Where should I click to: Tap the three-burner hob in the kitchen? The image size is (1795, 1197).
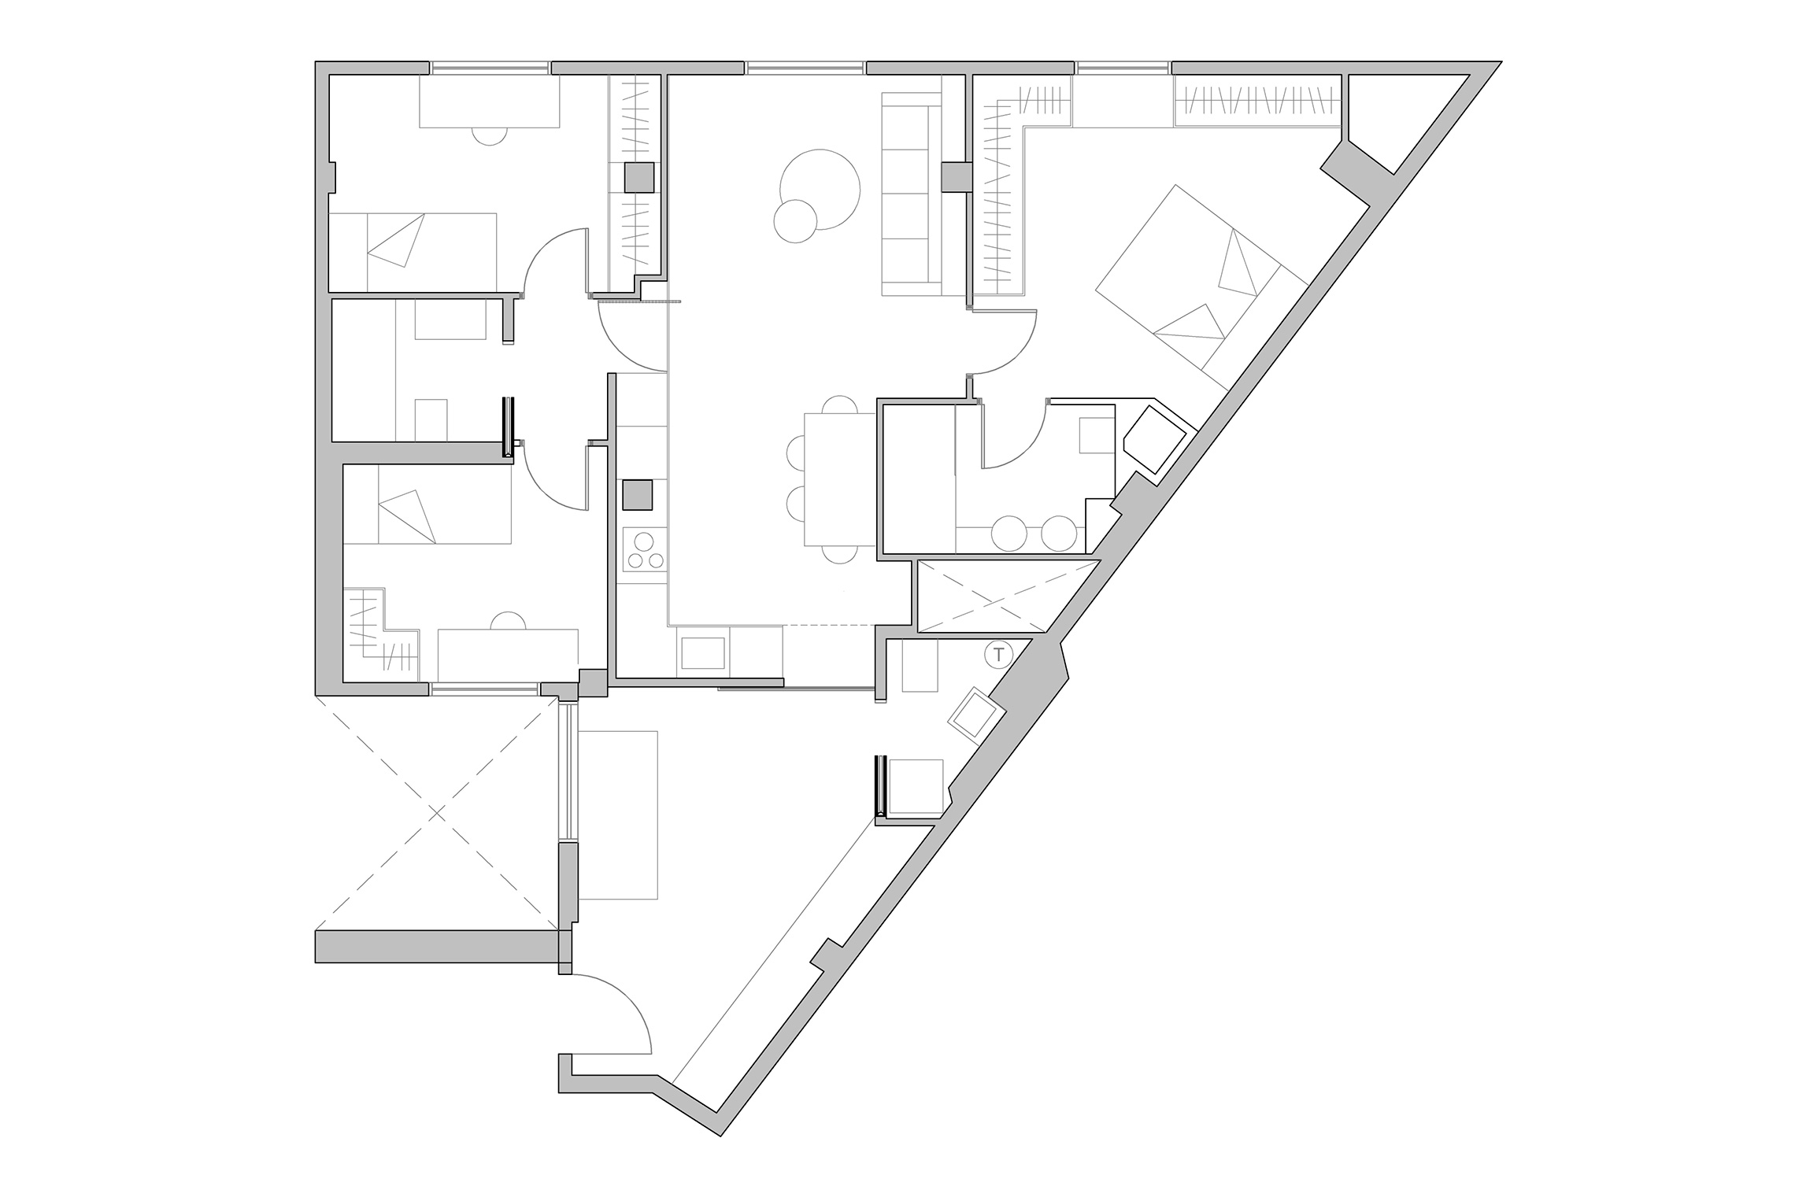click(645, 549)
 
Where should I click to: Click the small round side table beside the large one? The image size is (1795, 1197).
click(796, 221)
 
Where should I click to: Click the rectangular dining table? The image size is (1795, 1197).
click(840, 479)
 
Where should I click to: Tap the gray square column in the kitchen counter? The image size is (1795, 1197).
click(638, 495)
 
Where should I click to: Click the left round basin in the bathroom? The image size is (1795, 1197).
click(1009, 533)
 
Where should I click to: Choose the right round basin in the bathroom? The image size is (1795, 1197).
click(1058, 533)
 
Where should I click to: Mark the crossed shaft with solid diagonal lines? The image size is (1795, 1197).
click(1009, 597)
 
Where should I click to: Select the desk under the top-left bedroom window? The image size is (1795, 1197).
click(489, 102)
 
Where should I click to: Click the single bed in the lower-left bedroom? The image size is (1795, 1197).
click(426, 504)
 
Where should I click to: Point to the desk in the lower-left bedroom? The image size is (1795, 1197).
click(508, 655)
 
